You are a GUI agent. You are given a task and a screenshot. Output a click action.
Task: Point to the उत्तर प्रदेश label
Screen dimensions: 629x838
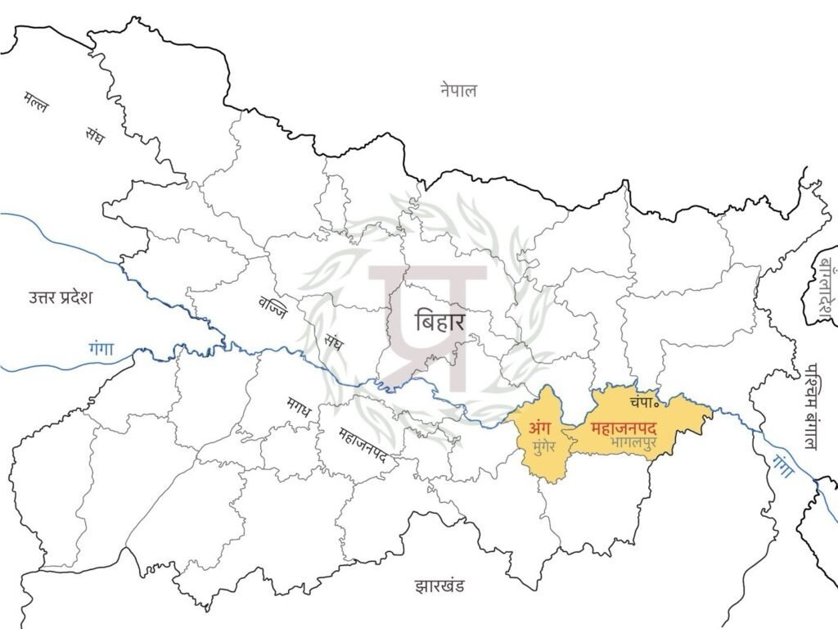tap(59, 296)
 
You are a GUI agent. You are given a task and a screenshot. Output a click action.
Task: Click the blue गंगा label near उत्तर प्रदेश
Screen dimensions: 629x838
tap(102, 350)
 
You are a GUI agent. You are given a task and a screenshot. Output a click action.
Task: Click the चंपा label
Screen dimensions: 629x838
tap(645, 403)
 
